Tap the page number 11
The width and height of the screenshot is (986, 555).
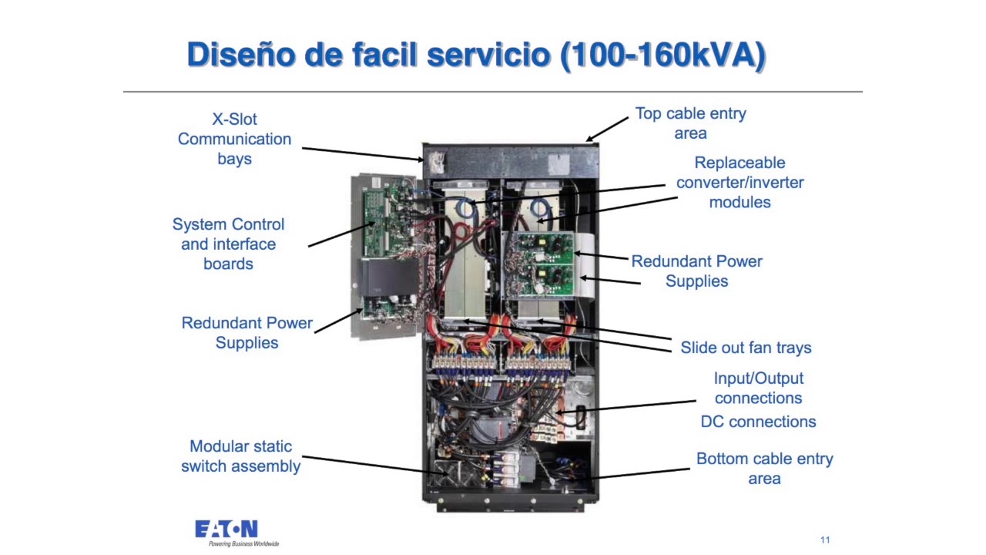coord(825,540)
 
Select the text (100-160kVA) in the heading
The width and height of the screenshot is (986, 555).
coord(663,55)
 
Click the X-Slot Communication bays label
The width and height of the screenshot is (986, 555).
coord(235,139)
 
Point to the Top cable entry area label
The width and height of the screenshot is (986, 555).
coord(691,123)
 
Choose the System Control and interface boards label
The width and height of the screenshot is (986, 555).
coord(229,244)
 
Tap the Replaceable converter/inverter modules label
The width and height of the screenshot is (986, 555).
coord(740,183)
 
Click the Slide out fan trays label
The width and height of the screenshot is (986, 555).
coord(746,348)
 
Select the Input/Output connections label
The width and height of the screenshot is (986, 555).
coord(759,388)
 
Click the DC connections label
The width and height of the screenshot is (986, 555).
coord(759,422)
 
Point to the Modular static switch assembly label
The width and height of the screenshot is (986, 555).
coord(241,456)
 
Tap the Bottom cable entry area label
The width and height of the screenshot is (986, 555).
coord(765,469)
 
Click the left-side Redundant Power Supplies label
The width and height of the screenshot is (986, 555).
coord(247,333)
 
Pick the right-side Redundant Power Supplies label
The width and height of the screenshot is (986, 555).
coord(697,271)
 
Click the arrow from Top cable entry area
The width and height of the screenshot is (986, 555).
coord(607,129)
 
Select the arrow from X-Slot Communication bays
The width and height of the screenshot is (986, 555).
coord(363,154)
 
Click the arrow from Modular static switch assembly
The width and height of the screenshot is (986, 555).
coord(376,466)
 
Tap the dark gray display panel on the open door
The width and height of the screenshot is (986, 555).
coord(390,277)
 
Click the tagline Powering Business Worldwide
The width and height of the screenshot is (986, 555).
coord(244,544)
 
